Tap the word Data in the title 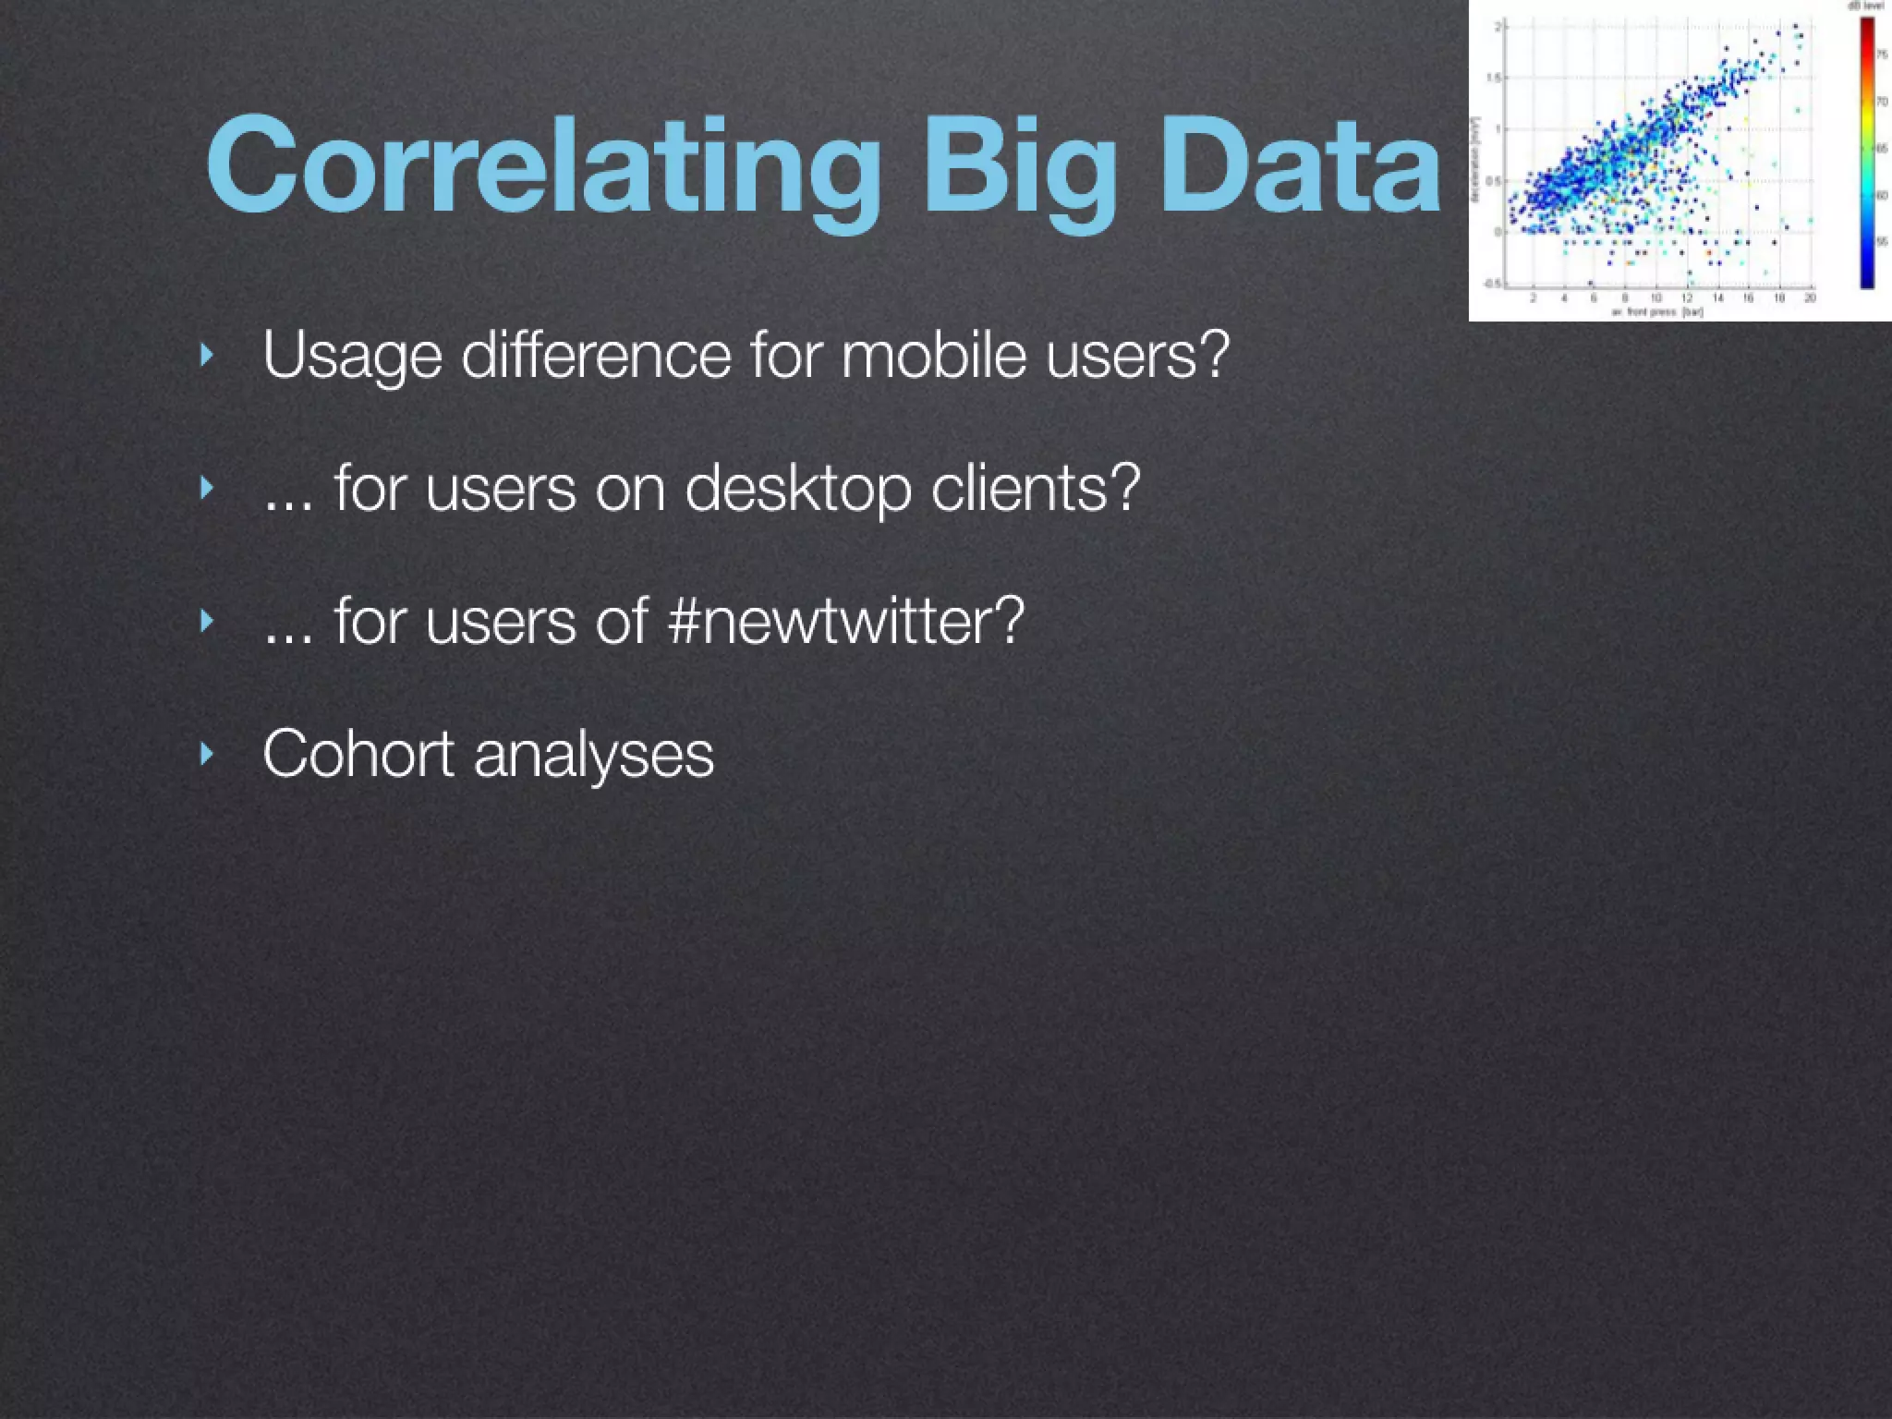pos(1299,166)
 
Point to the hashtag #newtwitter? pos(845,620)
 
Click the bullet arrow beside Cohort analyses pos(207,753)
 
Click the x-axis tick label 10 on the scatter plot pos(1656,297)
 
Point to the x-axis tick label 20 pos(1810,297)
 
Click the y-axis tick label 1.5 pos(1494,79)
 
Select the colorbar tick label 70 pos(1881,102)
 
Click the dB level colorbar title pos(1865,6)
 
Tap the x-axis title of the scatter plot pos(1657,312)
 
